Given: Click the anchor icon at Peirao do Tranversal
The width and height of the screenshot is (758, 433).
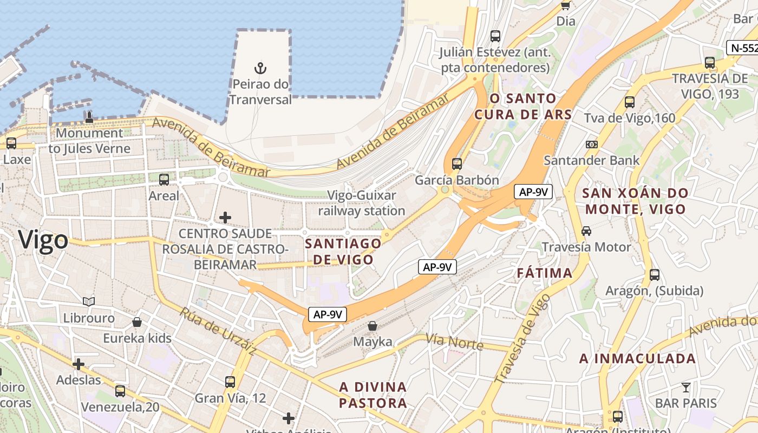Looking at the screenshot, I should click(261, 68).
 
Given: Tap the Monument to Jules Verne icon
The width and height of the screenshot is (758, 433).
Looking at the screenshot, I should click(89, 117).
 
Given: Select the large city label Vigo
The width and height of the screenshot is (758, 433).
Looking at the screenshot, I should click(43, 240).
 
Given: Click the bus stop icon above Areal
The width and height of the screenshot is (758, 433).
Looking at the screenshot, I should click(164, 179).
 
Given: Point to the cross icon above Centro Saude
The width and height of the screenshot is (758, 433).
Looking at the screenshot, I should click(225, 218).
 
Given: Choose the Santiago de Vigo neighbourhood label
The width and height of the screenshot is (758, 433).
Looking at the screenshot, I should click(343, 251).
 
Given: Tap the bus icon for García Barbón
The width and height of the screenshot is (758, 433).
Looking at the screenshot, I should click(457, 163).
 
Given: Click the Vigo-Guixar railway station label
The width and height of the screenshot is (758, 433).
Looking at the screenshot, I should click(362, 203).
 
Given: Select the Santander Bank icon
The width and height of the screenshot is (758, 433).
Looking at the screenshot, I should click(592, 145).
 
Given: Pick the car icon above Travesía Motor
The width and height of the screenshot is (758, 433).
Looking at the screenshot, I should click(586, 231).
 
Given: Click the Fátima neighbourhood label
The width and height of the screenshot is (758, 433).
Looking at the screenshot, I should click(545, 273).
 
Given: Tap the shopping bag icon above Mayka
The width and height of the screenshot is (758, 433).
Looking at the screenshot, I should click(373, 326).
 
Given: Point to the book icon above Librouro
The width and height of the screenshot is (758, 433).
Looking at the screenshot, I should click(89, 301).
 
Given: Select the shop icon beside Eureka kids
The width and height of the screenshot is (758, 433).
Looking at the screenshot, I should click(138, 322).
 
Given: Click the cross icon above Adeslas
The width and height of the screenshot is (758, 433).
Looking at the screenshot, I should click(79, 364).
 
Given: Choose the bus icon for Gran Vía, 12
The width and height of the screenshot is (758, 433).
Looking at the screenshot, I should click(230, 382).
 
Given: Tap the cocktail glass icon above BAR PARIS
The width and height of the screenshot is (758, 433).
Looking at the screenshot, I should click(686, 387).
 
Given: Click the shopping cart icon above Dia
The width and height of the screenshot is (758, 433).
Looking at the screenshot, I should click(566, 5).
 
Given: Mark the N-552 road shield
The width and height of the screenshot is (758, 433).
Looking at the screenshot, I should click(743, 48).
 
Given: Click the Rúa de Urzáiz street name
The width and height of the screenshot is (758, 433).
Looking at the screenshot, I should click(218, 331).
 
